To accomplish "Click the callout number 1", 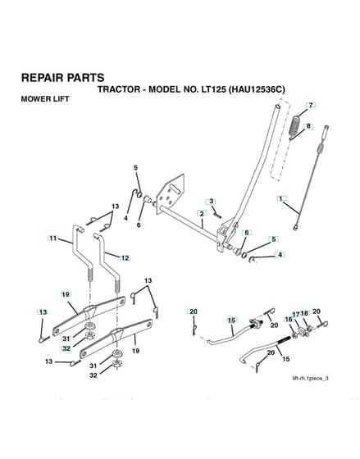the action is pos(281,198).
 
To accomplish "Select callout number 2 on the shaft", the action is pos(202,213).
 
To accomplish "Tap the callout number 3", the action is pos(212,202).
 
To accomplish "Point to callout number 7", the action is pos(311,105).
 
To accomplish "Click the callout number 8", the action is pos(308,126).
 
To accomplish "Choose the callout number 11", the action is pos(53,239).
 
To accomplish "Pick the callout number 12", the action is pos(125,258).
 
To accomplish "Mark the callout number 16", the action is pos(288,320).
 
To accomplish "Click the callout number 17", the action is pos(296,315).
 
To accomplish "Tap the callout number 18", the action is pos(304,313).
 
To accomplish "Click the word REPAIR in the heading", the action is pos(42,78).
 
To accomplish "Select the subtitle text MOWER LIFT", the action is pos(45,99).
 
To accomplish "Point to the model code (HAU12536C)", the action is pos(257,89).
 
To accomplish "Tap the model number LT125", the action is pos(213,89).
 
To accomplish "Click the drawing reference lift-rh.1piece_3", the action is pos(310,378).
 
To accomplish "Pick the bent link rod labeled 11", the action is pos(82,252).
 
